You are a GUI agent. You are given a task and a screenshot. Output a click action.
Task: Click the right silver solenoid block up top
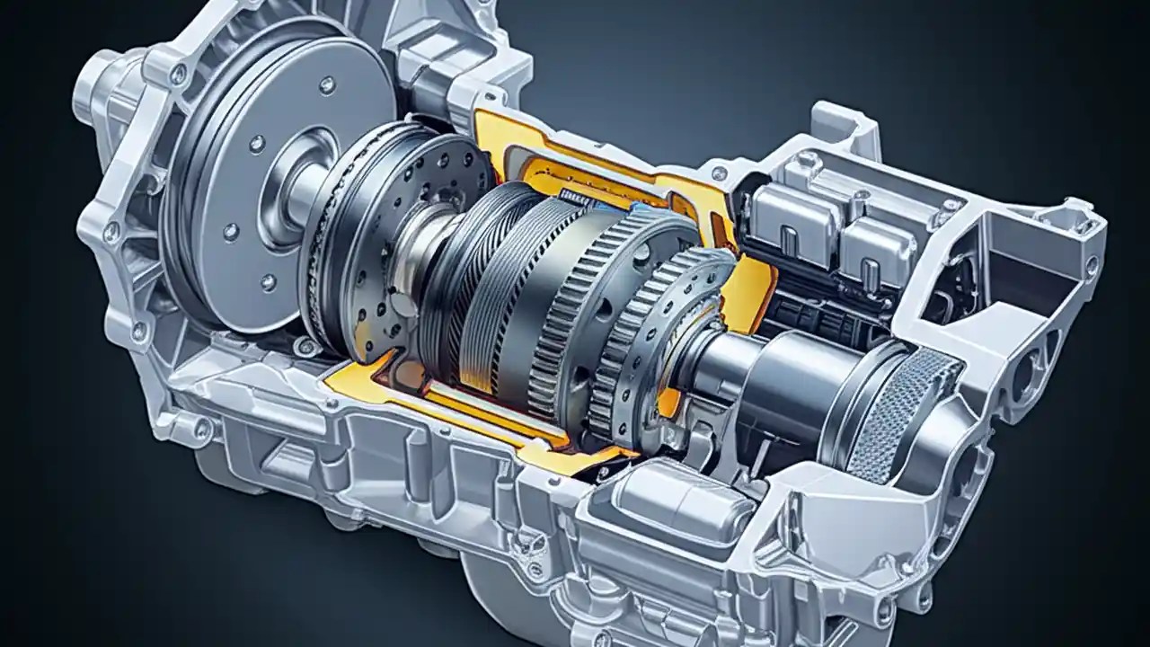point(876,247)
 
